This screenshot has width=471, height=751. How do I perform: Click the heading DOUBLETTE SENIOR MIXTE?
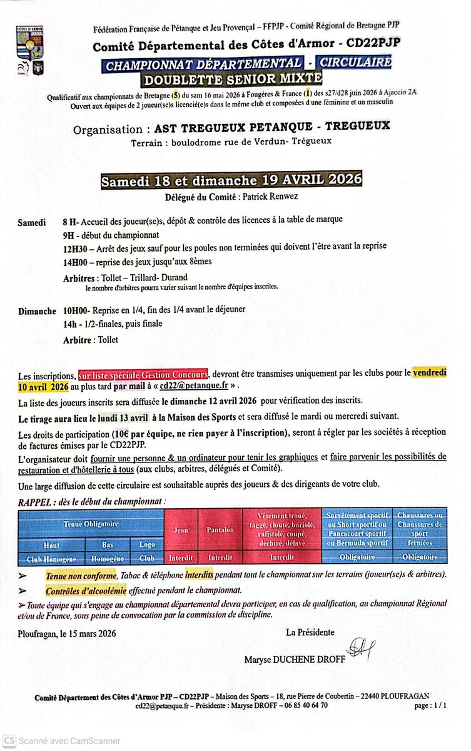tap(233, 79)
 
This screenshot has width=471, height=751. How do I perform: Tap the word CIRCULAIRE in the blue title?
tap(355, 63)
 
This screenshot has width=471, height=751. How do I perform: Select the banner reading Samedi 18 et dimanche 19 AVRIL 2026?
tap(232, 180)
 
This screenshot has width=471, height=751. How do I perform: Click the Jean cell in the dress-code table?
tap(181, 530)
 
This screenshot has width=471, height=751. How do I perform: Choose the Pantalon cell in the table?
tap(220, 530)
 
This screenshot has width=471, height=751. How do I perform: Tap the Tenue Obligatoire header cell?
tap(91, 523)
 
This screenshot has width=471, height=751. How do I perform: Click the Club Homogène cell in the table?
tap(51, 558)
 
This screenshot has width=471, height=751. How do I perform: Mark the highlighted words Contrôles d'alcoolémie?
tap(85, 590)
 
